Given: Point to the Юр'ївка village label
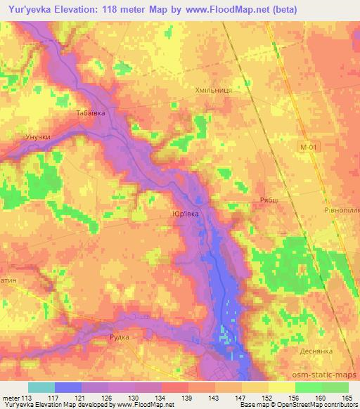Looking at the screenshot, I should pos(185,214).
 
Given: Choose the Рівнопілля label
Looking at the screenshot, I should pos(340,208).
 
